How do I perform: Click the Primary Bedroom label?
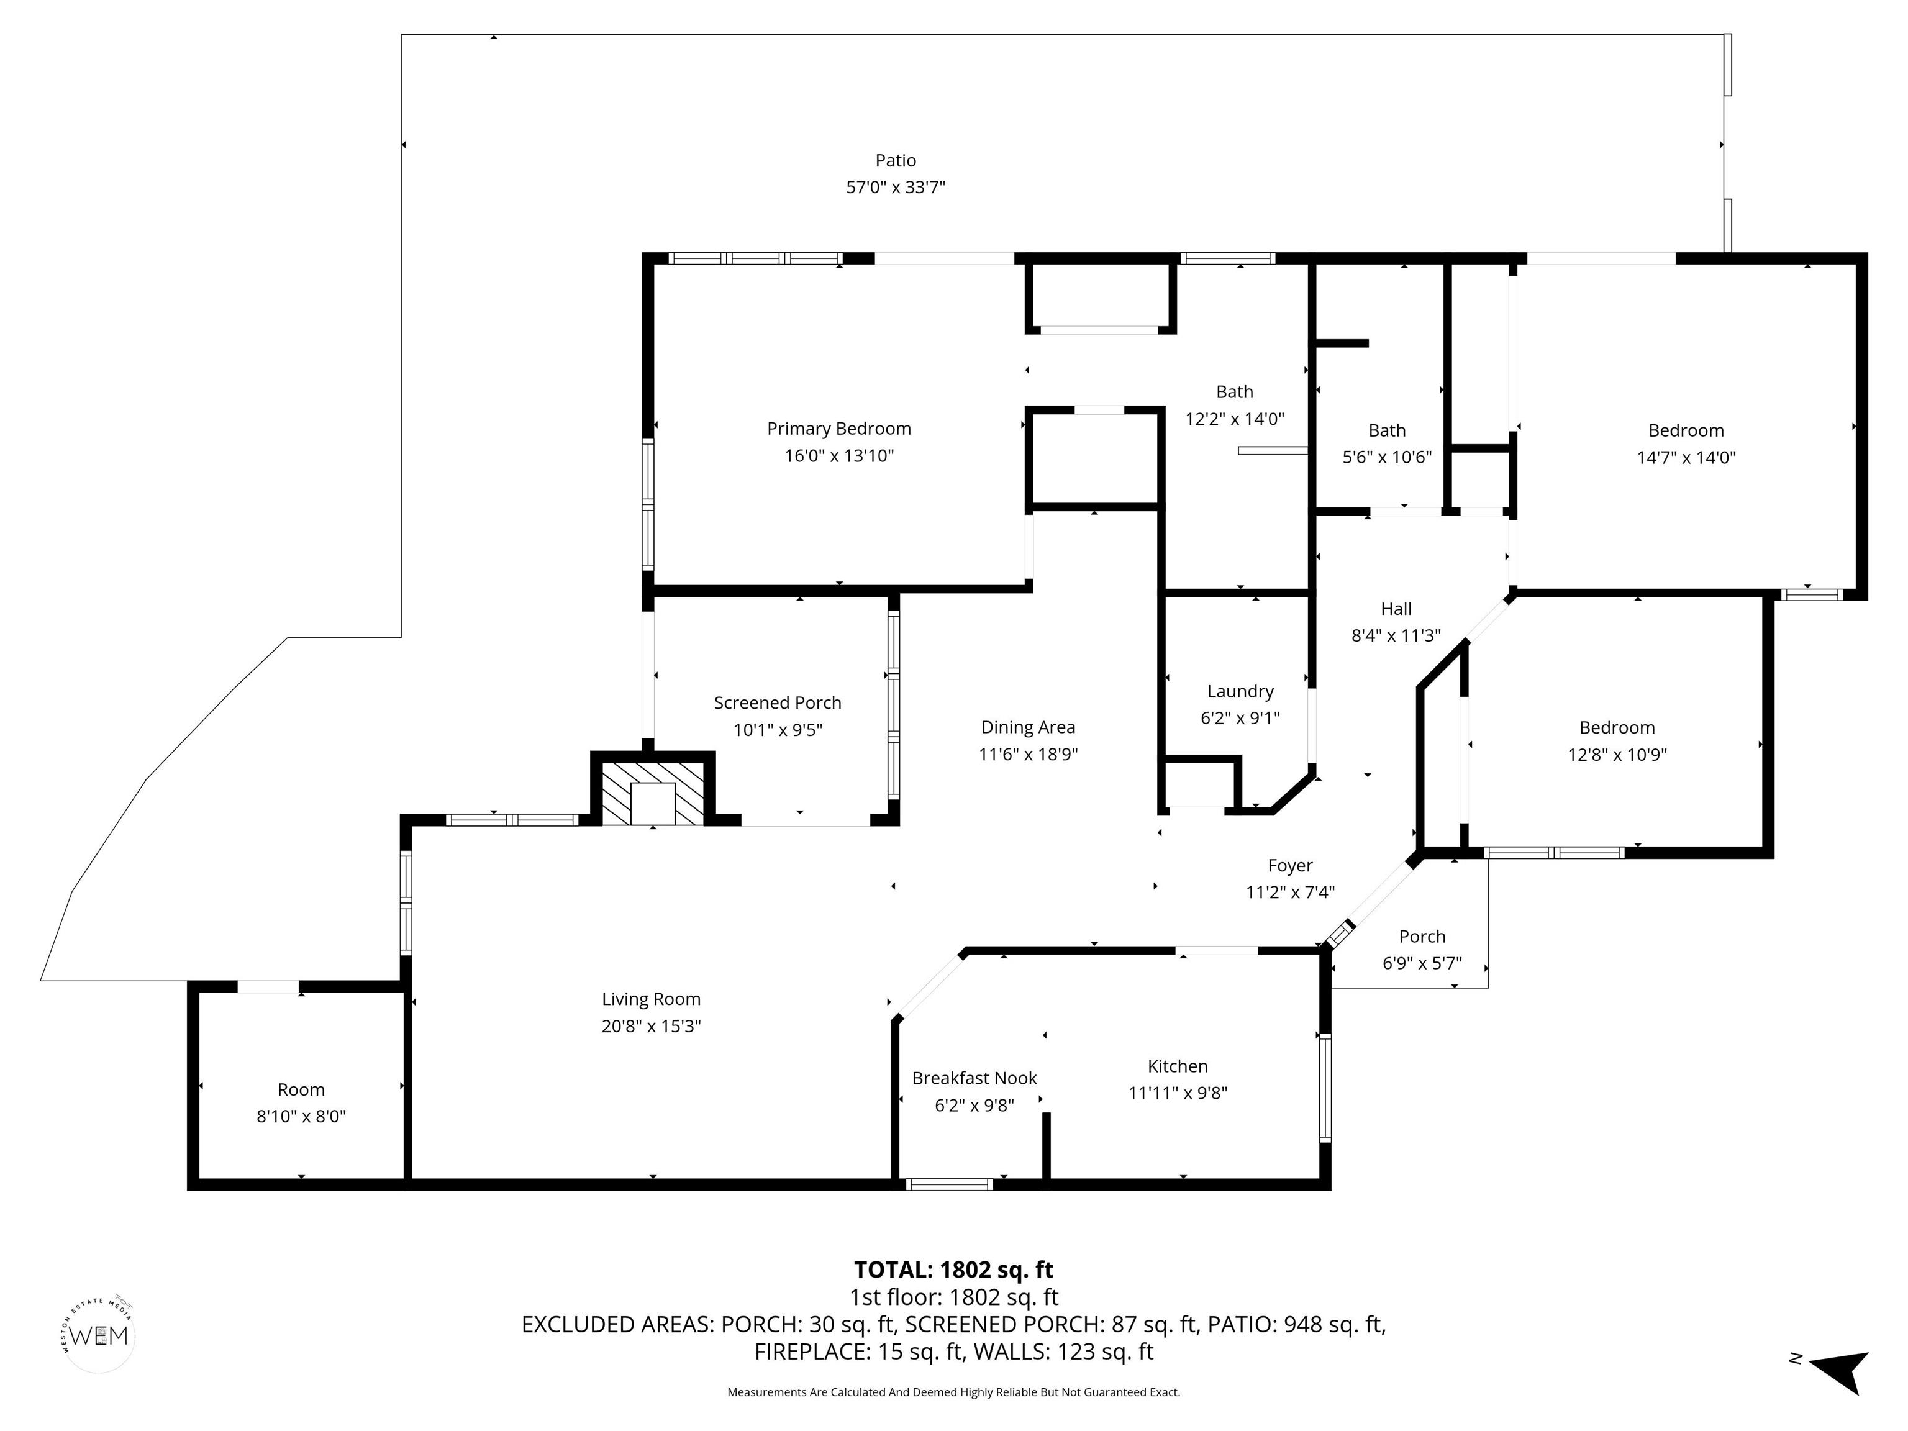click(x=838, y=429)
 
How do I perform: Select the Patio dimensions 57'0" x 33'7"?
click(x=896, y=187)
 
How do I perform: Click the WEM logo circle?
click(x=100, y=1336)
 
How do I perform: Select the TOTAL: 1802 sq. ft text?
click(x=953, y=1270)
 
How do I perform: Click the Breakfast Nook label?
click(x=974, y=1078)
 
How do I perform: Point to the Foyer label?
click(x=1289, y=865)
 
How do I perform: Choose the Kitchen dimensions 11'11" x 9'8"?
click(x=1178, y=1093)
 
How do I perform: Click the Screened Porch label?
click(x=777, y=703)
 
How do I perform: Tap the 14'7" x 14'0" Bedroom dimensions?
click(x=1686, y=458)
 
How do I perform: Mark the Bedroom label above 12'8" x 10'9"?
click(x=1617, y=727)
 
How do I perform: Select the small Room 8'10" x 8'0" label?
click(x=301, y=1089)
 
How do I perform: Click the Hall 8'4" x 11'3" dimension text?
click(x=1396, y=636)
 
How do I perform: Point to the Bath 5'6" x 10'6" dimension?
click(x=1386, y=457)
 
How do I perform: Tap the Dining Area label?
click(x=1027, y=727)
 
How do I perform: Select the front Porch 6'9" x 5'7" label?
click(x=1422, y=936)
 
